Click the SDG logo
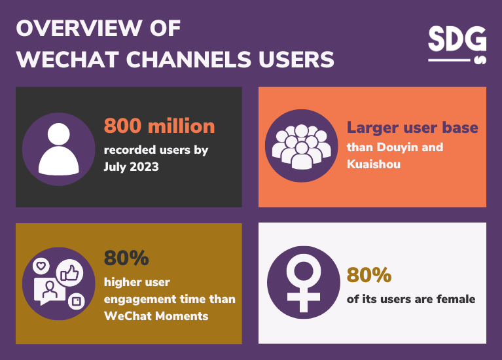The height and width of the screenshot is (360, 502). pyautogui.click(x=457, y=44)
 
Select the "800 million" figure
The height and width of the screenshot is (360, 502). pyautogui.click(x=159, y=126)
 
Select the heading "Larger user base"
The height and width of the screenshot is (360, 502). pyautogui.click(x=412, y=127)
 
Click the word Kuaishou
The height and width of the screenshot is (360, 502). pyautogui.click(x=373, y=164)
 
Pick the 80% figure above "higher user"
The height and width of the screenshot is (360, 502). pyautogui.click(x=126, y=259)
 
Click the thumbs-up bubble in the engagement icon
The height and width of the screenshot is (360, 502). pyautogui.click(x=69, y=273)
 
